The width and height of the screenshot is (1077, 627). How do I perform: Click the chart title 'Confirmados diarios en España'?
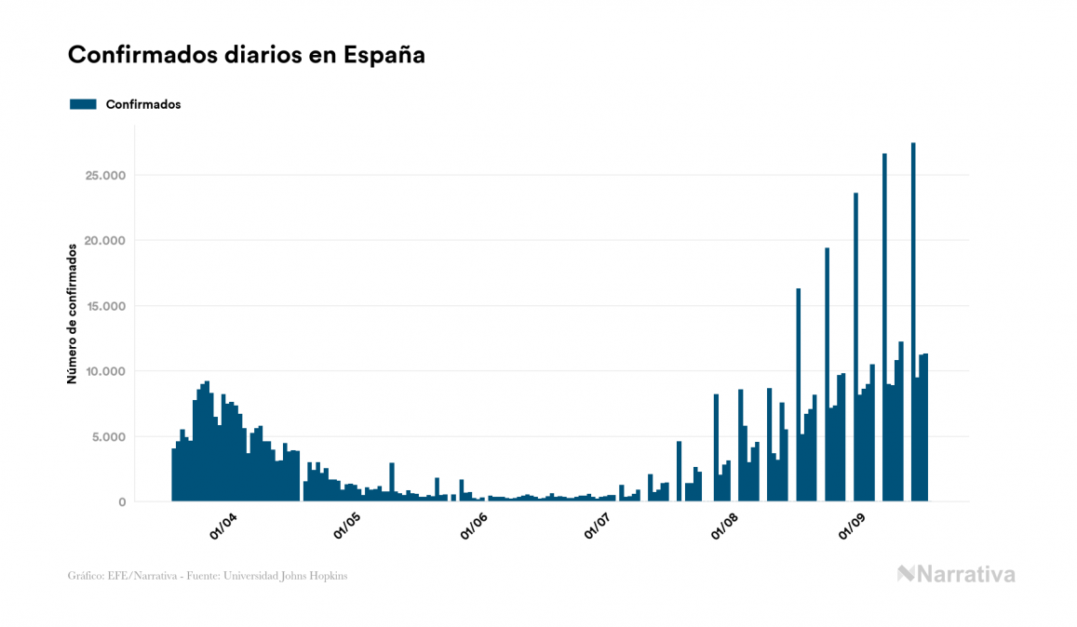coord(246,55)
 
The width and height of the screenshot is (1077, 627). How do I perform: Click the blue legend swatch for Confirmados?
coord(83,104)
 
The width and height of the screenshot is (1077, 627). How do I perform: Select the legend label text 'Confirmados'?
coord(143,104)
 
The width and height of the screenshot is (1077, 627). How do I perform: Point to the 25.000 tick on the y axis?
coord(106,176)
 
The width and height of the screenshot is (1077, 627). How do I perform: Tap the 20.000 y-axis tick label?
coord(106,241)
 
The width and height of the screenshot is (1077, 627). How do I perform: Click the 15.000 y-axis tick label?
coord(106,306)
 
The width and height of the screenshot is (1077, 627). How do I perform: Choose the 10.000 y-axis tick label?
coord(106,371)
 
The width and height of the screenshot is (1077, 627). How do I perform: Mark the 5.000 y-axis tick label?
coord(110,436)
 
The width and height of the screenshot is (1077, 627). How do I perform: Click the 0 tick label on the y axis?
coord(122,502)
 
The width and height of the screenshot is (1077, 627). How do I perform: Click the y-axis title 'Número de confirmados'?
coord(72,313)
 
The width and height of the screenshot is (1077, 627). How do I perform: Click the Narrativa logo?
coord(956,574)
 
